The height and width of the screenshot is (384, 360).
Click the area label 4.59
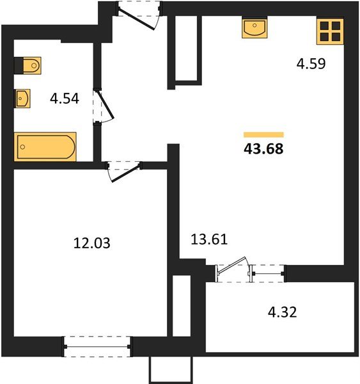point(311,64)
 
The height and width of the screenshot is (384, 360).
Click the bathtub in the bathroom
point(45,147)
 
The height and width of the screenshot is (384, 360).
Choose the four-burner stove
point(331,30)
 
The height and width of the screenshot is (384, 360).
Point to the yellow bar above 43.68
point(263,134)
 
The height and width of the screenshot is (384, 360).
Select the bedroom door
point(123,170)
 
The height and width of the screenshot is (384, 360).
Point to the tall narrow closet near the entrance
point(185,49)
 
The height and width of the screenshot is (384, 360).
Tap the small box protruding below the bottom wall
point(171,369)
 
